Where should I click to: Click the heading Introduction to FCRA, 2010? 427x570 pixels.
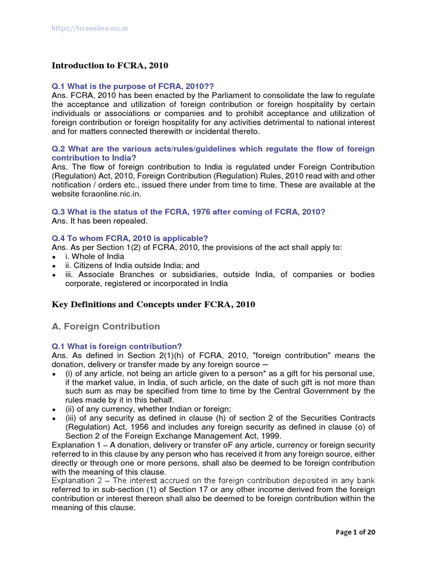pos(110,66)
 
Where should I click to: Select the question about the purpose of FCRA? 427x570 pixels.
pos(133,86)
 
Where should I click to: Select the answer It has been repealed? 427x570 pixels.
pos(100,220)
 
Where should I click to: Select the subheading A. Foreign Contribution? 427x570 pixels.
pos(106,326)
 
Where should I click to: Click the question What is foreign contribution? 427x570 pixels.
pos(117,346)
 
